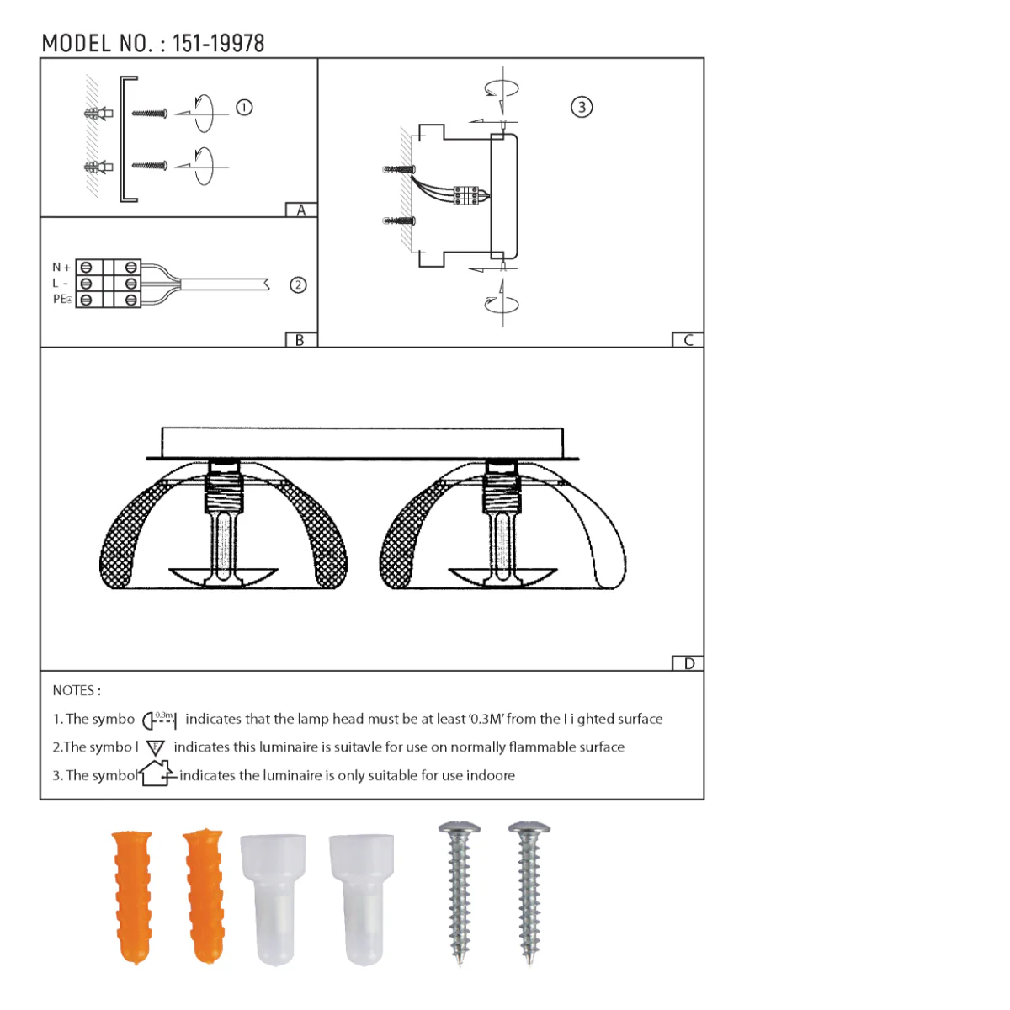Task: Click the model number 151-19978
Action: (219, 44)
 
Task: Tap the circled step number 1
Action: (244, 108)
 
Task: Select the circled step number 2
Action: (298, 285)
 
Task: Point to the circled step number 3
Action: (582, 107)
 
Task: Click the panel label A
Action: (300, 210)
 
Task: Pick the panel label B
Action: (300, 340)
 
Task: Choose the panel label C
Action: (688, 340)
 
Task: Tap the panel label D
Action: (689, 663)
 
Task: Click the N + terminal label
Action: (61, 268)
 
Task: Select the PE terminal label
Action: (62, 300)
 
